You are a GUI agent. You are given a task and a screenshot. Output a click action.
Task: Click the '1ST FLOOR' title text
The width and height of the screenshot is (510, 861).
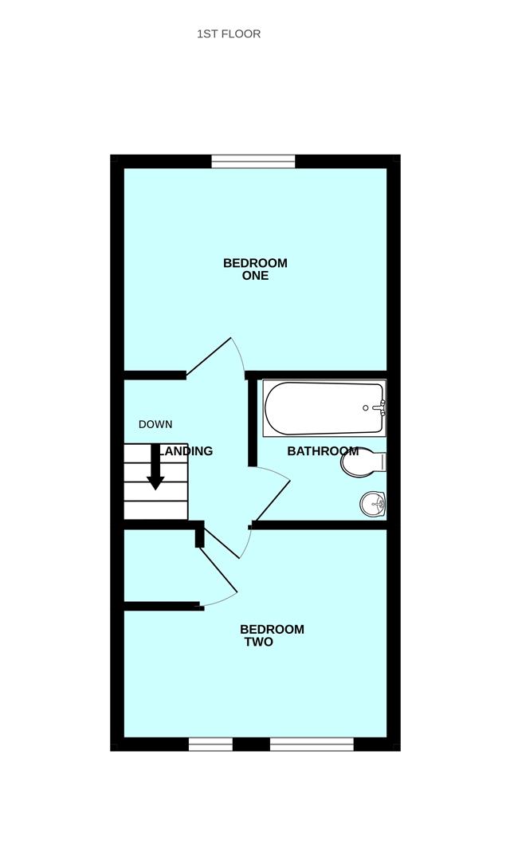point(229,34)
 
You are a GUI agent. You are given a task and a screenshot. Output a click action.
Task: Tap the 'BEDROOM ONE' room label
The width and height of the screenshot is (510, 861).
point(255,269)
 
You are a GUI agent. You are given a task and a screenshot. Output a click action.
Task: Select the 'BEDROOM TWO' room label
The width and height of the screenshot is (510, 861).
point(271,635)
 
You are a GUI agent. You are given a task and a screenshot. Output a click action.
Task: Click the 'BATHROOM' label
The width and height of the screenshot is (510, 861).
point(323,451)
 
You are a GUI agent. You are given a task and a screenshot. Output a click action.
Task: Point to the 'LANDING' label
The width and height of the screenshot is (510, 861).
point(186,451)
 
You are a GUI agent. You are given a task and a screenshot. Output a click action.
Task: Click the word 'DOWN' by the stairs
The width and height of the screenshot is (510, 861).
point(155,424)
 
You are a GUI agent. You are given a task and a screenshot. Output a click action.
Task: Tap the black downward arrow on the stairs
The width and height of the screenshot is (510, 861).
point(155,470)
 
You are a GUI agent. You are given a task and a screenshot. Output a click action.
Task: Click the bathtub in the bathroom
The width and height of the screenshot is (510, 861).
point(323,408)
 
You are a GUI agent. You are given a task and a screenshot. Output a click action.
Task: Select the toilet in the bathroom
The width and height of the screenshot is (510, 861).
point(360,462)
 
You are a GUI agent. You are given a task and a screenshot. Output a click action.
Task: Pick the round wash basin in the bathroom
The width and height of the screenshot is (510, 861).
point(372,503)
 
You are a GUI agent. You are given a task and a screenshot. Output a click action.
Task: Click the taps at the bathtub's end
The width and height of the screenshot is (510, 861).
point(381,408)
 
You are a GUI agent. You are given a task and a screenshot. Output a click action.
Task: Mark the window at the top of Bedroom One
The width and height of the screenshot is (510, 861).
point(253,162)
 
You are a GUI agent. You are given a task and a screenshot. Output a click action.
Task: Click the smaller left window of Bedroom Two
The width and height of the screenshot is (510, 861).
point(210,745)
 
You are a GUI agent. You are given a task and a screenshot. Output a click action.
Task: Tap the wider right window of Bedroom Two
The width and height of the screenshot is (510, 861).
point(312,745)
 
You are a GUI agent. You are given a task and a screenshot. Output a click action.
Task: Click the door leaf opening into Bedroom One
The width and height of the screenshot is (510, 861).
point(209,356)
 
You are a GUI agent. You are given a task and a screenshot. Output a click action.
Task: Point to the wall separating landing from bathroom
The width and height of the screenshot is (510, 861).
point(253,423)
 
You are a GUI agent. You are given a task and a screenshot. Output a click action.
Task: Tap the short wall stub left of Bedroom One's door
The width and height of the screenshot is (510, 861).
point(155,374)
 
